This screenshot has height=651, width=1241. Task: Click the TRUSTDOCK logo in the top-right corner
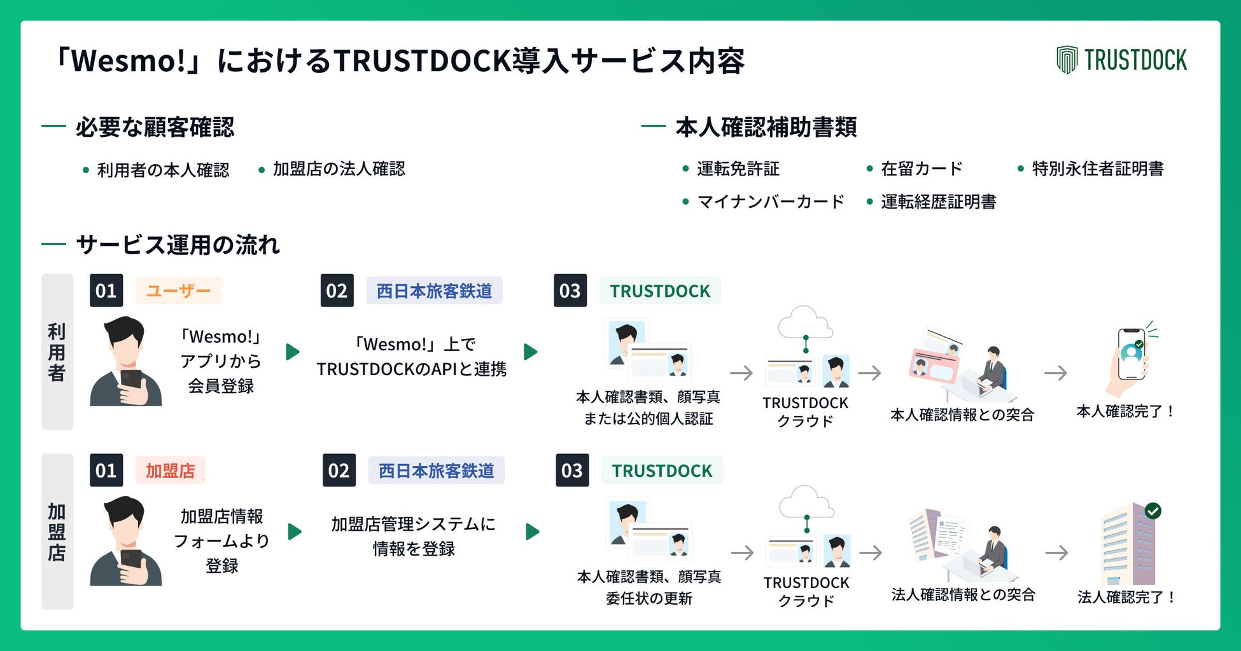point(1121,60)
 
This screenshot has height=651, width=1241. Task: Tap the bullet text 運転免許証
point(738,169)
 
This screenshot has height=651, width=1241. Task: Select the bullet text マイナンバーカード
point(771,202)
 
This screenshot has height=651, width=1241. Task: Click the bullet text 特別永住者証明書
point(1097,169)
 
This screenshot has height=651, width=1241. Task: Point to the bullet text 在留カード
point(921,169)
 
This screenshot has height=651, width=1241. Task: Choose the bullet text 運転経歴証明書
point(938,202)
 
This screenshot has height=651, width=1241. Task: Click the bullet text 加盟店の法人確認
point(339,169)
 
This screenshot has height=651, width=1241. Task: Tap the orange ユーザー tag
point(178,291)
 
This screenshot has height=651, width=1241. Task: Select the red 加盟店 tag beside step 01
point(170,471)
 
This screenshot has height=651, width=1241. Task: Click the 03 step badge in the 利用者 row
point(570,291)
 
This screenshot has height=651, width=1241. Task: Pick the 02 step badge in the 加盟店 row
point(339,471)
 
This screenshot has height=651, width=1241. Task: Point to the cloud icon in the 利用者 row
point(805,323)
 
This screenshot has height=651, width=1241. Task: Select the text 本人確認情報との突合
point(962,415)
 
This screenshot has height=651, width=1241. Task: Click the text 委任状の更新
point(649,599)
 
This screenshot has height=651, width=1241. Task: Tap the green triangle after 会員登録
point(292,352)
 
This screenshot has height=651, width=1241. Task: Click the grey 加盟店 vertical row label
point(57,531)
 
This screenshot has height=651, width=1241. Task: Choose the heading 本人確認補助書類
point(766,128)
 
